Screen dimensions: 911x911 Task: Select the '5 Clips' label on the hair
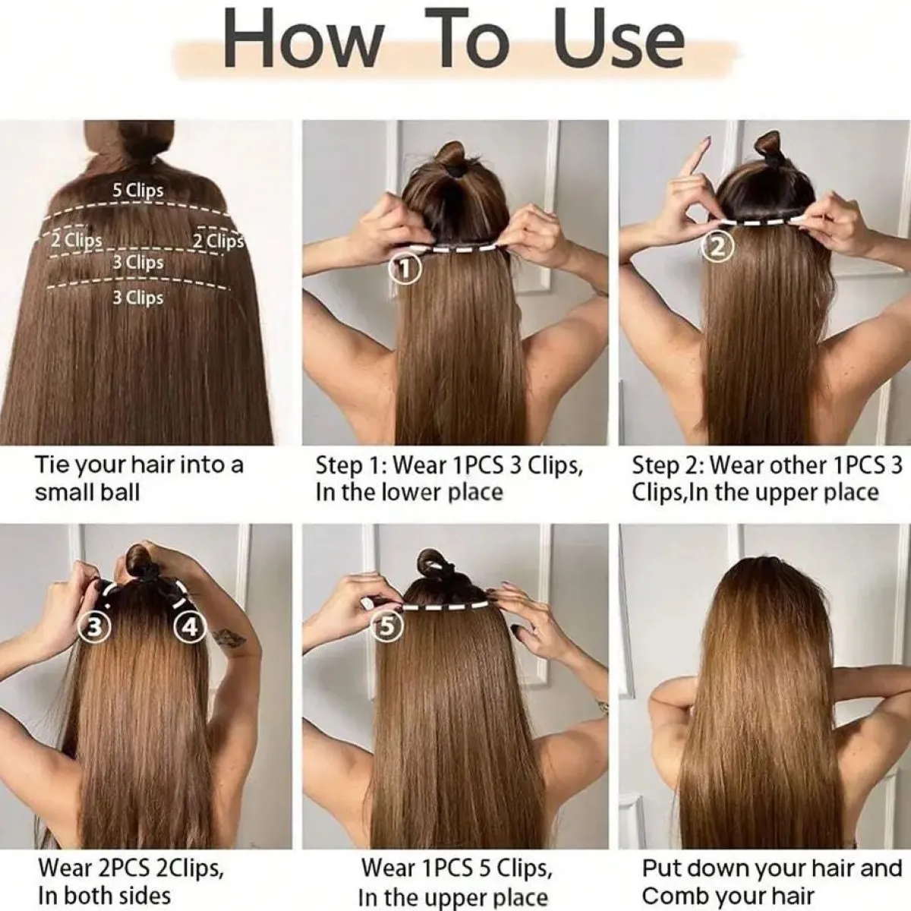click(x=138, y=190)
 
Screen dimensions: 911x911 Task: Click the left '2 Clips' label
click(x=77, y=241)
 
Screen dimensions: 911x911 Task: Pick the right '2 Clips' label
click(x=219, y=241)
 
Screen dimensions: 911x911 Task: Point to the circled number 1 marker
click(x=404, y=269)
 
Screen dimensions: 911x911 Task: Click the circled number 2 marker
click(x=718, y=247)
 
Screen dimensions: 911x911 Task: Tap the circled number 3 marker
click(x=95, y=627)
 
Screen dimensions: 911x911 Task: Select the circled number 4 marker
click(x=190, y=627)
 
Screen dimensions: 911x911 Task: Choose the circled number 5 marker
click(x=387, y=626)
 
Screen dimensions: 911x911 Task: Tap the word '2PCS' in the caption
click(x=123, y=854)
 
